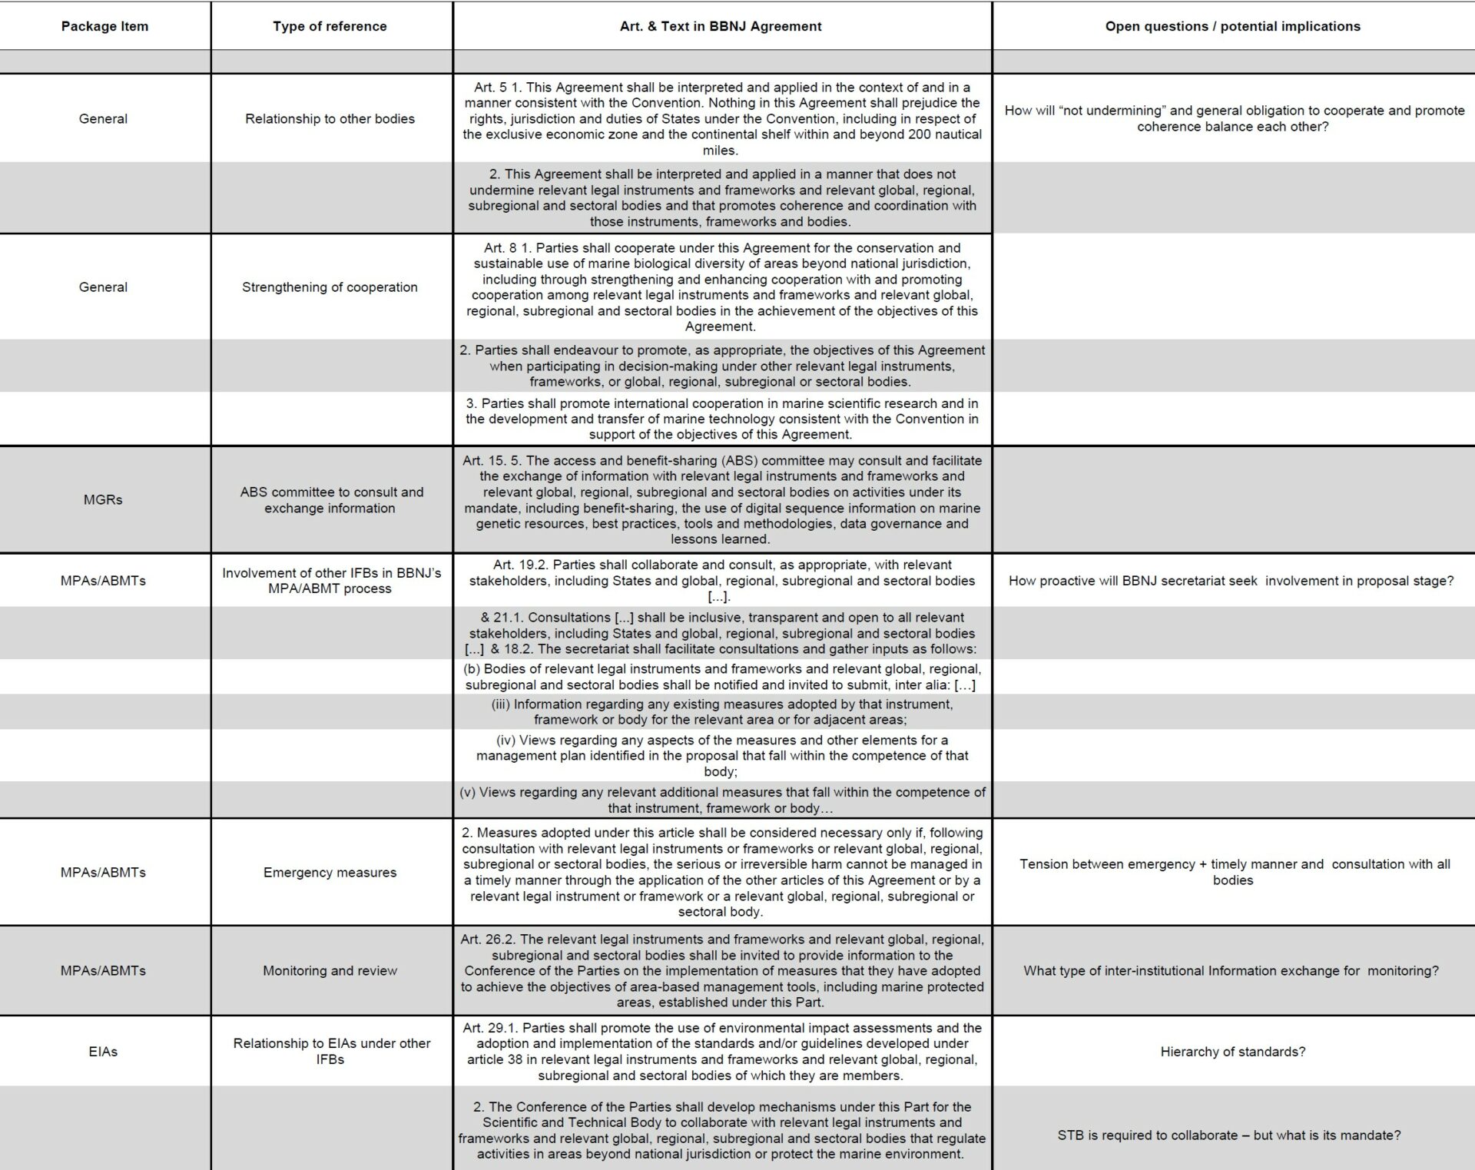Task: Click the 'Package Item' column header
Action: click(104, 26)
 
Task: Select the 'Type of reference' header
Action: click(330, 26)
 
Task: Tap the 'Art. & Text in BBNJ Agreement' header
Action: click(721, 26)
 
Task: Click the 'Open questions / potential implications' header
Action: click(1232, 26)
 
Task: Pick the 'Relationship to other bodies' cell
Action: click(330, 118)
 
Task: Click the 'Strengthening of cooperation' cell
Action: click(330, 287)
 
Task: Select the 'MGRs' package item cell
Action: click(103, 499)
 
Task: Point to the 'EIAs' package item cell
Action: click(103, 1051)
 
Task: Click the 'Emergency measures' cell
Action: click(330, 872)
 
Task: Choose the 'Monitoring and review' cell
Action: click(330, 970)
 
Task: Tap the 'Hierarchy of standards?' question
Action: click(1232, 1051)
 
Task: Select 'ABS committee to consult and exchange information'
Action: click(331, 499)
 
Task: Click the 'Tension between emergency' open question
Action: click(1234, 872)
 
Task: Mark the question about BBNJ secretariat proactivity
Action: click(1231, 581)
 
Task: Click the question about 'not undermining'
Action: click(1234, 118)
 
